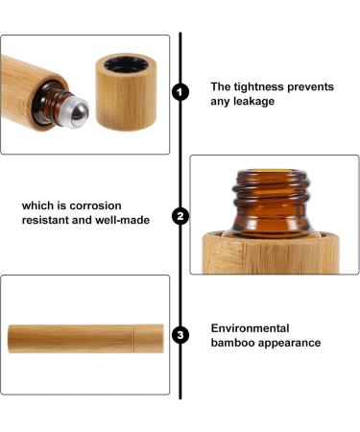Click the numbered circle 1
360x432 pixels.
pos(180,93)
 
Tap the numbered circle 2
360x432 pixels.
pos(180,215)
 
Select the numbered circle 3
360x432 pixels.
pos(180,335)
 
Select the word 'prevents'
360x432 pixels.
pos(309,87)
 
